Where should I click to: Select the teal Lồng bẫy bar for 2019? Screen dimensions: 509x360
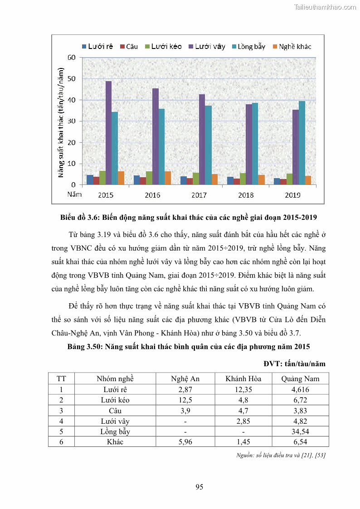pyautogui.click(x=302, y=143)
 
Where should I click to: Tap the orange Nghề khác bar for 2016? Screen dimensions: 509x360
pyautogui.click(x=168, y=178)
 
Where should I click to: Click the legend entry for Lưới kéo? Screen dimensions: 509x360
pyautogui.click(x=163, y=47)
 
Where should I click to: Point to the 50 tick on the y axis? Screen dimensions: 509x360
pyautogui.click(x=72, y=79)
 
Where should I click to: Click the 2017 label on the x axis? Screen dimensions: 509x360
pyautogui.click(x=199, y=195)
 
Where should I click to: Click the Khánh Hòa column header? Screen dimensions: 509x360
pyautogui.click(x=243, y=379)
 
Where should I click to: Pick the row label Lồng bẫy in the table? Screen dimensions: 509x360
pyautogui.click(x=115, y=431)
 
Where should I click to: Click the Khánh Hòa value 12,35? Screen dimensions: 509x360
pyautogui.click(x=243, y=389)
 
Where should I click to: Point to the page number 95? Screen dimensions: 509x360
pyautogui.click(x=199, y=487)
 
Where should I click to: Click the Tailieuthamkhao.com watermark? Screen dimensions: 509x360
pyautogui.click(x=325, y=7)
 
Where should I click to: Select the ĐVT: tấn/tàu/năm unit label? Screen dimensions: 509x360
pyautogui.click(x=295, y=364)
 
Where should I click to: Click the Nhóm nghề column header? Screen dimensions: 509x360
pyautogui.click(x=115, y=379)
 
